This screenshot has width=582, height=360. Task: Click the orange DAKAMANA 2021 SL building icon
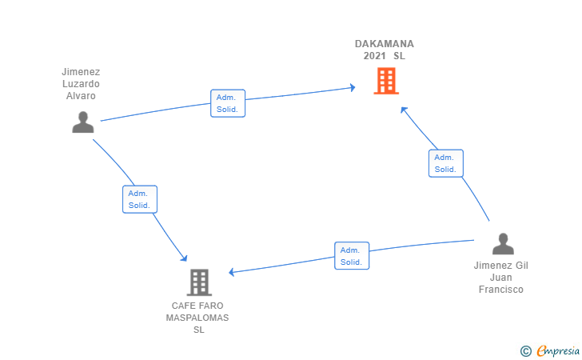(x=385, y=81)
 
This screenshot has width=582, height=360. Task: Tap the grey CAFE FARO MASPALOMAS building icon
(x=198, y=282)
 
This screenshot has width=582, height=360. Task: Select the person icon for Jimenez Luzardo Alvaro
(x=82, y=122)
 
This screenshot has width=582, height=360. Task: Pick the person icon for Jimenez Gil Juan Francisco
(x=502, y=243)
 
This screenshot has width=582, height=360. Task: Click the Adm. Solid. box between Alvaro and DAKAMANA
(x=228, y=103)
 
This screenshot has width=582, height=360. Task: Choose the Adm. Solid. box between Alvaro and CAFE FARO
(x=140, y=199)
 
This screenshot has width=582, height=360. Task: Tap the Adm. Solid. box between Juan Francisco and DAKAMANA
(x=445, y=163)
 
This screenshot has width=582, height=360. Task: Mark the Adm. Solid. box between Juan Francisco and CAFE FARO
(x=352, y=256)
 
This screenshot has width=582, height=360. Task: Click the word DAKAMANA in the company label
(x=385, y=44)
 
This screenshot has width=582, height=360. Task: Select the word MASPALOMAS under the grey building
(x=197, y=318)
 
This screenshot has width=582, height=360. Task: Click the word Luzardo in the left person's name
(x=81, y=84)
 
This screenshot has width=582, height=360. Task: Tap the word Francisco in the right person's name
(x=500, y=290)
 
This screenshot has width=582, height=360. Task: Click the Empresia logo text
(x=556, y=350)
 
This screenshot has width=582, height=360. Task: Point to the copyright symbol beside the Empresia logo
(x=525, y=350)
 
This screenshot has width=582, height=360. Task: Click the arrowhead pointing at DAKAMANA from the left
(x=352, y=87)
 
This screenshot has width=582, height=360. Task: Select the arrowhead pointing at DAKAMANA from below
(x=405, y=110)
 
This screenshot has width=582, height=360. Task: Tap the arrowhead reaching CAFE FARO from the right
(x=233, y=272)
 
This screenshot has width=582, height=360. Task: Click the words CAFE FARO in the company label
(x=197, y=306)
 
